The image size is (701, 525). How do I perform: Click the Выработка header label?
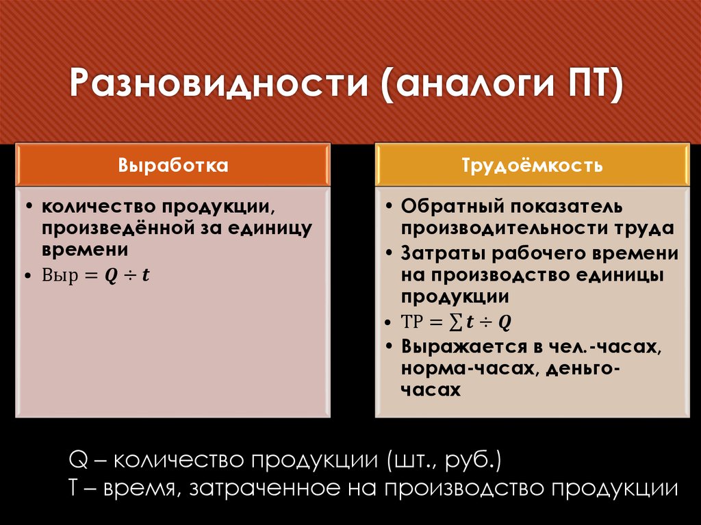(x=173, y=166)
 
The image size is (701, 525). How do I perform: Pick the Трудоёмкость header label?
(x=532, y=166)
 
